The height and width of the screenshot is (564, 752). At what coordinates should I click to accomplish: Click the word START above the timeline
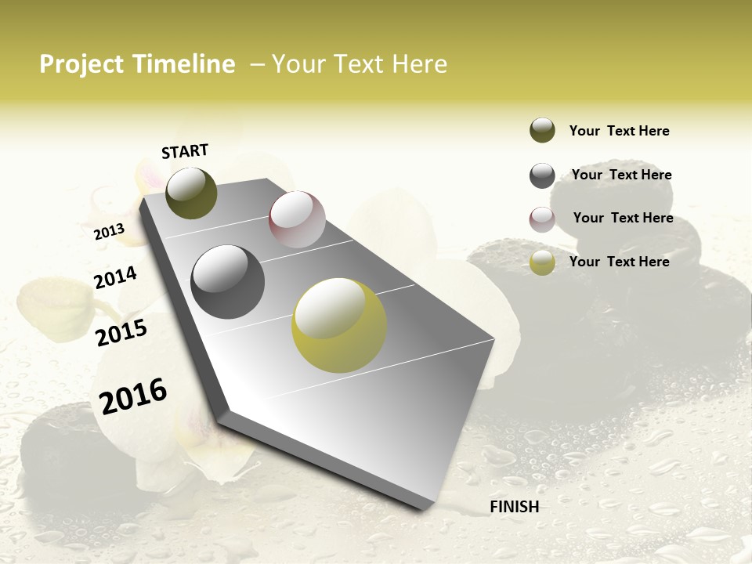[185, 151]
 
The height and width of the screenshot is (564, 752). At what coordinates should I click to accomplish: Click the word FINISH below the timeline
[515, 507]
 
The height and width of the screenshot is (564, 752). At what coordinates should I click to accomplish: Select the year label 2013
[109, 231]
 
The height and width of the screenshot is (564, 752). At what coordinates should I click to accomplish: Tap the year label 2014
[115, 277]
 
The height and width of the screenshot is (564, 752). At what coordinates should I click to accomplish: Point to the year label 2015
[121, 333]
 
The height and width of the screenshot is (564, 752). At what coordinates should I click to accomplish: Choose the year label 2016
[133, 396]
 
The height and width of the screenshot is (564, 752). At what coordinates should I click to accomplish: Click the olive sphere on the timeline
[191, 193]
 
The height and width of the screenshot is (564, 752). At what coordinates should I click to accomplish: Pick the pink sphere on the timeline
[297, 219]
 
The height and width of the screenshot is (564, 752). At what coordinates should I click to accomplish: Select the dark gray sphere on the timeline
[228, 282]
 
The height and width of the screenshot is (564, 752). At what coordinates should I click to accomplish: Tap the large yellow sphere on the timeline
[339, 325]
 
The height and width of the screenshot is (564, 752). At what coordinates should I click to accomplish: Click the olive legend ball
[542, 131]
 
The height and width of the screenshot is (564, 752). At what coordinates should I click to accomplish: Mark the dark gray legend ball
[542, 175]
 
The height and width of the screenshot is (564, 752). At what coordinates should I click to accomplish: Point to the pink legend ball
[542, 219]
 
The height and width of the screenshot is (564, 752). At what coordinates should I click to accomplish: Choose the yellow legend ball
[542, 262]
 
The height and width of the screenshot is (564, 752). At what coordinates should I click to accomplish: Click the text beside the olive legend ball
[619, 131]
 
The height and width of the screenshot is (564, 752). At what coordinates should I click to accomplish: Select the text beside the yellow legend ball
[619, 262]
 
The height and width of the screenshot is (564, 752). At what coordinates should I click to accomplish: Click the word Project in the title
[81, 64]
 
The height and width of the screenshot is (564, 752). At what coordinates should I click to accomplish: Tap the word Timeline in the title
[186, 64]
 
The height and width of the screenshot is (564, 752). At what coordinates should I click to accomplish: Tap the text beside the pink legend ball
[623, 218]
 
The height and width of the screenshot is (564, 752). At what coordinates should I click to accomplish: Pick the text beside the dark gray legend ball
[621, 175]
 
